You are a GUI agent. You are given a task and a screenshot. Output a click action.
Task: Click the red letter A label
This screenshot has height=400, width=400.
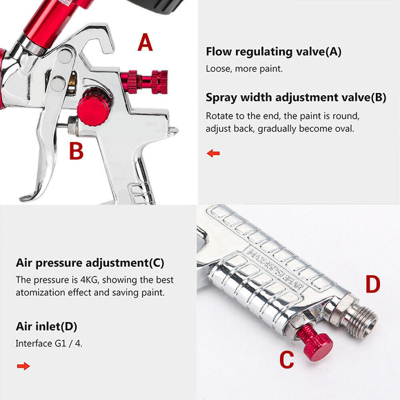tap(145, 43)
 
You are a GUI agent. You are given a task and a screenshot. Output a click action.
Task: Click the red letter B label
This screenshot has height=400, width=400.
tap(76, 150)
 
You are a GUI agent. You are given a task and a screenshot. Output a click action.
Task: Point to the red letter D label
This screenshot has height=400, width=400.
tap(372, 284)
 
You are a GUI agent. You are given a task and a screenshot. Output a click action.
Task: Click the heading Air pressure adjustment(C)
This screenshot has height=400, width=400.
tap(90, 263)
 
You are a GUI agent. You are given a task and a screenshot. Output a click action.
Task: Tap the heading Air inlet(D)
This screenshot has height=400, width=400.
tap(47, 326)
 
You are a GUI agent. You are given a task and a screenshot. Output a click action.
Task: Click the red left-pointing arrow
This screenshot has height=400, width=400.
tap(213, 153)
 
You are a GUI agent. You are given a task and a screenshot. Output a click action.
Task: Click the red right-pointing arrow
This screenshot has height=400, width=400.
tap(23, 366)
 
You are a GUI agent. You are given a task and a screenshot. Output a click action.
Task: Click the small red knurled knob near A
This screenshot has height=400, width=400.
tap(144, 81)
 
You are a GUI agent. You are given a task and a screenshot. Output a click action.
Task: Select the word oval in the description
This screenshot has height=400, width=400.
tap(343, 128)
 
